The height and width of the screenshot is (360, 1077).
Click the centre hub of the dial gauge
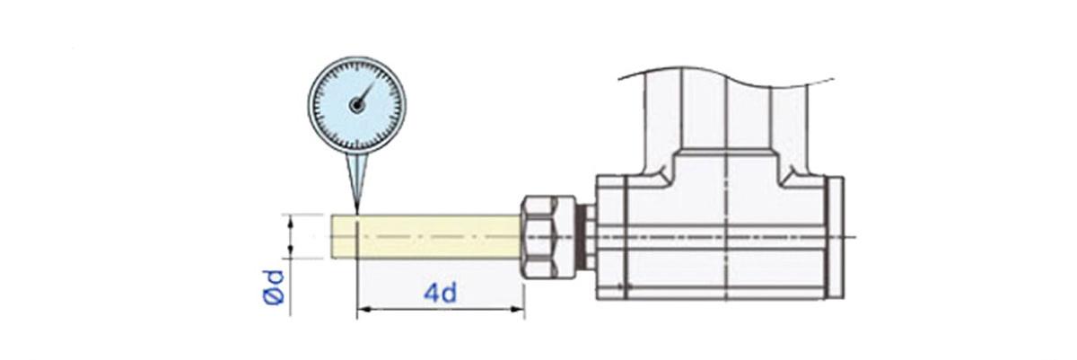356,105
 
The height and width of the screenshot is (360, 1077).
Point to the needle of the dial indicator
365,94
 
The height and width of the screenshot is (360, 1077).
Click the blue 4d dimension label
441,293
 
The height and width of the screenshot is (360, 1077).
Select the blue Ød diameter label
273,287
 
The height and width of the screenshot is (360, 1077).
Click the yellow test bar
425,237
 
